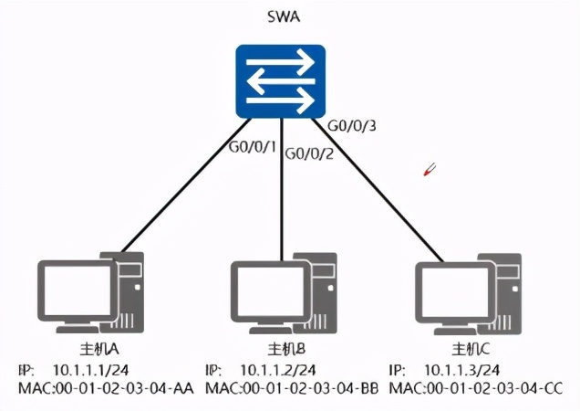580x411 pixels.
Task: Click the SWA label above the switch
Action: (x=284, y=17)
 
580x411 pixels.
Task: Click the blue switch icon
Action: (x=281, y=81)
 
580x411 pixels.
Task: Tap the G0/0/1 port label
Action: (x=253, y=147)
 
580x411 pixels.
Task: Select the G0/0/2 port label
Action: (x=309, y=153)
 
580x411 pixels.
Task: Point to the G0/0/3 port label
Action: (x=352, y=126)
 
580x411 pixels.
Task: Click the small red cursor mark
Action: (x=430, y=169)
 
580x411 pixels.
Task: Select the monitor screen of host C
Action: (x=455, y=291)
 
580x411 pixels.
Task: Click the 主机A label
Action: (x=99, y=349)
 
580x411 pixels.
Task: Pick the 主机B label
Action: (x=286, y=349)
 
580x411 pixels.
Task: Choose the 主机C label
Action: (x=471, y=349)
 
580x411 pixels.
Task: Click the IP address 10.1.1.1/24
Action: (x=91, y=370)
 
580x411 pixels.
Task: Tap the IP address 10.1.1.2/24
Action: (x=278, y=370)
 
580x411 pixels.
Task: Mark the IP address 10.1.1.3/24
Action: (x=462, y=370)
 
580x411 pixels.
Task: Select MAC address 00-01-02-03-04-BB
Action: (x=311, y=388)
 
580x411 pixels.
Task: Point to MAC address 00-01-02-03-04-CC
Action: (x=494, y=388)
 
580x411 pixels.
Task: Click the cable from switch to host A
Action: (x=186, y=185)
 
